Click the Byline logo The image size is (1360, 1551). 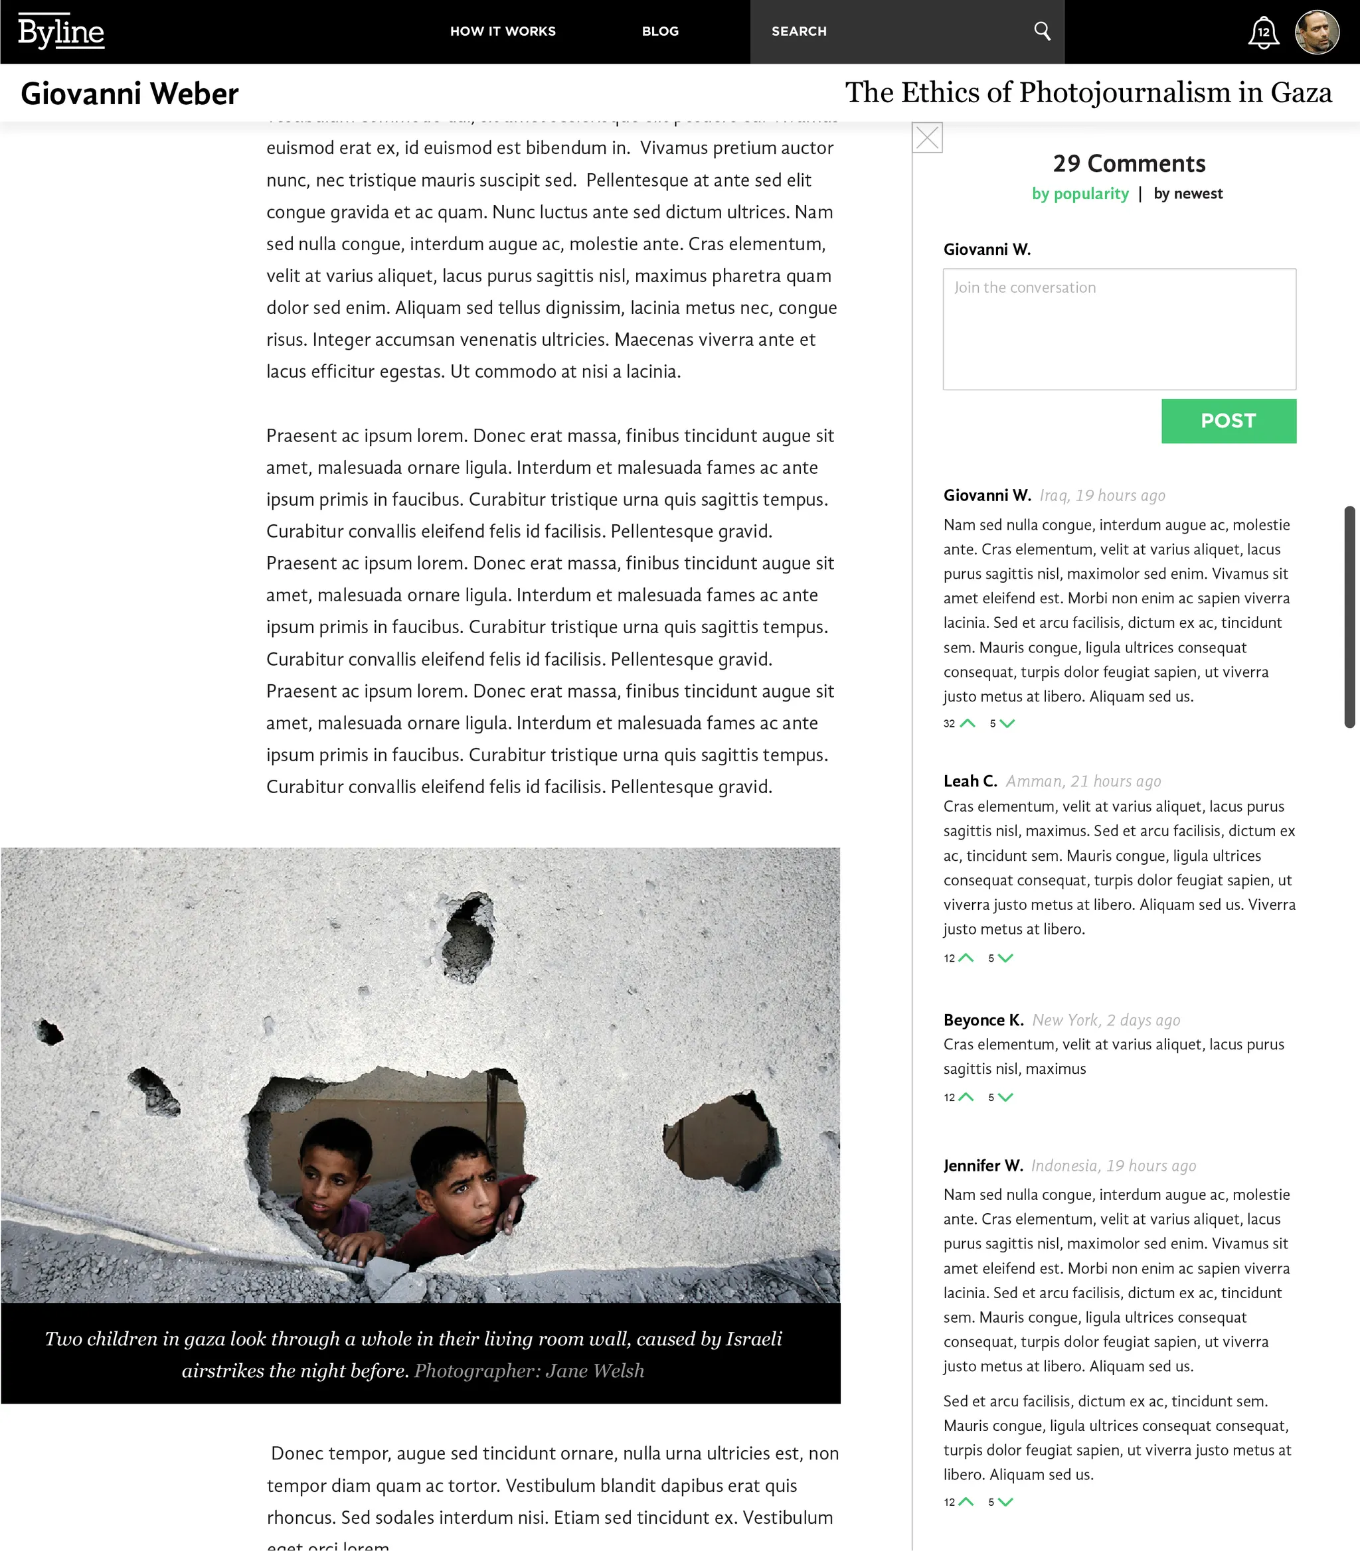click(60, 32)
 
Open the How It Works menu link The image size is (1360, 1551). click(503, 31)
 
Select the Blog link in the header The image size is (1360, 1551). click(660, 31)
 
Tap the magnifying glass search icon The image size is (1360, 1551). click(1042, 31)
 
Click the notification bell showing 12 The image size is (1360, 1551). click(1263, 33)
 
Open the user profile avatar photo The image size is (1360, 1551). click(1317, 32)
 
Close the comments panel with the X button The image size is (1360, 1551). click(928, 138)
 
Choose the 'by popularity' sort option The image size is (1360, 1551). click(1080, 193)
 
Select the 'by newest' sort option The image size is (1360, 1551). click(1188, 193)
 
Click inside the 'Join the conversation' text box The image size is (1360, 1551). click(1120, 329)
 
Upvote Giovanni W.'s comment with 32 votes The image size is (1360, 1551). click(968, 723)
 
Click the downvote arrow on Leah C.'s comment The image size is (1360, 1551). click(1005, 958)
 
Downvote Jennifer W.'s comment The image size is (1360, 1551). click(1005, 1502)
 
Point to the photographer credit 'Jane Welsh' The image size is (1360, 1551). click(594, 1370)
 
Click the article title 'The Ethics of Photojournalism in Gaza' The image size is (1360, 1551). click(1088, 92)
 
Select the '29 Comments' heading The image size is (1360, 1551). click(1128, 164)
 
